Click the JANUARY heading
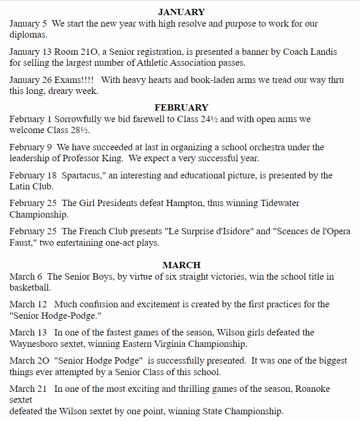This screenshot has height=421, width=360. (182, 12)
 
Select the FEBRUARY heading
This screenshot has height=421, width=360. (182, 107)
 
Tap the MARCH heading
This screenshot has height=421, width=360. (182, 264)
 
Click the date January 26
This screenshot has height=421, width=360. (31, 80)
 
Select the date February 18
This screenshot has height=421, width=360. (32, 175)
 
